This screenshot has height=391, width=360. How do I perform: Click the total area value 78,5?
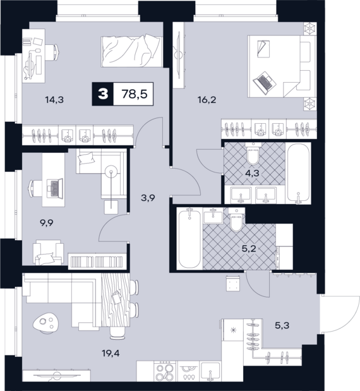(x=135, y=94)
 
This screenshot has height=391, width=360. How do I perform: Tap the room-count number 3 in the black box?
(x=103, y=94)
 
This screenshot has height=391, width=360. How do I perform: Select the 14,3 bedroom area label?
(x=54, y=100)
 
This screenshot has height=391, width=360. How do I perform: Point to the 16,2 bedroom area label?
(x=207, y=100)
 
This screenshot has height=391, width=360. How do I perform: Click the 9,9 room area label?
(x=47, y=222)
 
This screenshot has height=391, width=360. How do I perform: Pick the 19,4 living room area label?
(x=111, y=353)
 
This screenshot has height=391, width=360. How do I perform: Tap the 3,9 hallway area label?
(x=148, y=198)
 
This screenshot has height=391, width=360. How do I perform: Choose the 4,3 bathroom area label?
(x=252, y=173)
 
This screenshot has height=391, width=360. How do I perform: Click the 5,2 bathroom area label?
(x=250, y=249)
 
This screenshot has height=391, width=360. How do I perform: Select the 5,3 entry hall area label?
(x=282, y=325)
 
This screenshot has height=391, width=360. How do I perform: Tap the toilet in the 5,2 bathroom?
(x=236, y=219)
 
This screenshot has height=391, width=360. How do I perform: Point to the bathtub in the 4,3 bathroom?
(x=298, y=174)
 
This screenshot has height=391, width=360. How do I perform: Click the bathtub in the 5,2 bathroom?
(x=189, y=238)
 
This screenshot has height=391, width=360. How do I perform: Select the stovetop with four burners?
(x=165, y=375)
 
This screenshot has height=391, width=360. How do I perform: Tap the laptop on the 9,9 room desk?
(x=56, y=188)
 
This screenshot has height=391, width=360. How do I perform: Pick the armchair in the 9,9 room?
(x=48, y=253)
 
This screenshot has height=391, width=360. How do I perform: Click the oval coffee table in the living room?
(x=46, y=322)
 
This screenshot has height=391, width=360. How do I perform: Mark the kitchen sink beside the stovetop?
(x=211, y=373)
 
